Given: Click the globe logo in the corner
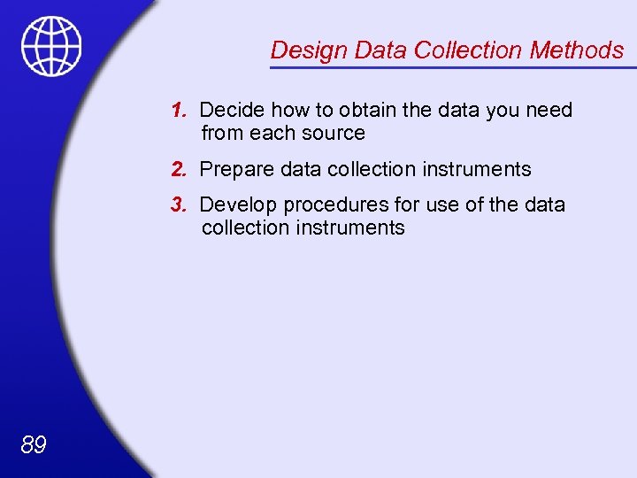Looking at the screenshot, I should click(51, 47).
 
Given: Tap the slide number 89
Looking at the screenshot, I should click(33, 444).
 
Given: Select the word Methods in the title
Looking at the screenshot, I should click(577, 50).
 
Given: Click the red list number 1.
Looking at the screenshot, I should click(179, 111).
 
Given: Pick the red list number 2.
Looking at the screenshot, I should click(179, 169).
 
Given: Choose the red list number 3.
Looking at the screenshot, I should click(179, 204).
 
